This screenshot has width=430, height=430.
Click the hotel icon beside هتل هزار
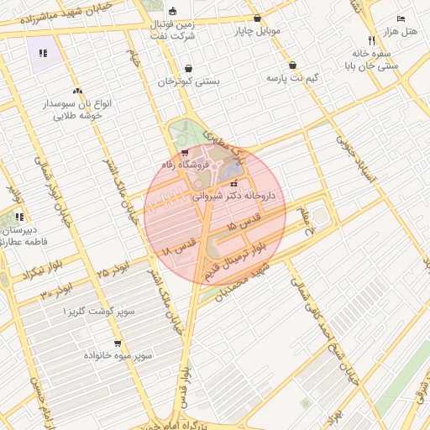[x=401, y=18]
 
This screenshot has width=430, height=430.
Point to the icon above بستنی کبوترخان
[x=188, y=69]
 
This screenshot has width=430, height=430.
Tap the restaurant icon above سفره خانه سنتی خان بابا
[x=371, y=40]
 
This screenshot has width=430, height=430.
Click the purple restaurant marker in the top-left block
[x=43, y=53]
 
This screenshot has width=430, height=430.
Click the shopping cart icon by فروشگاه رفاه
[x=185, y=154]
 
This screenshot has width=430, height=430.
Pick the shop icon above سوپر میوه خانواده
[x=118, y=343]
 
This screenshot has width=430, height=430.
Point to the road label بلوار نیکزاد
[x=18, y=275]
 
